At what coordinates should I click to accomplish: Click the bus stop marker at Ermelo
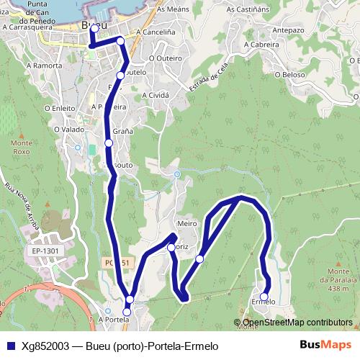tap(264, 297)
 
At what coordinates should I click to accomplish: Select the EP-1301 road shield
tap(45, 251)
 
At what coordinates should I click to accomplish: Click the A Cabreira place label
tap(261, 44)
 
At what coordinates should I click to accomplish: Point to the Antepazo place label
tap(288, 30)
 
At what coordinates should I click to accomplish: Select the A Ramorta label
tap(45, 65)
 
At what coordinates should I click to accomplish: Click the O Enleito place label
tap(60, 108)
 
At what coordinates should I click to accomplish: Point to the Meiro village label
tap(186, 224)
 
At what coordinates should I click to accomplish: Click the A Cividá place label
tap(156, 95)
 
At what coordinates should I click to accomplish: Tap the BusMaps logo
tap(326, 345)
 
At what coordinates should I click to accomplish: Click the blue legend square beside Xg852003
tap(9, 346)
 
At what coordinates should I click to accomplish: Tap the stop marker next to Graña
tap(109, 143)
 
